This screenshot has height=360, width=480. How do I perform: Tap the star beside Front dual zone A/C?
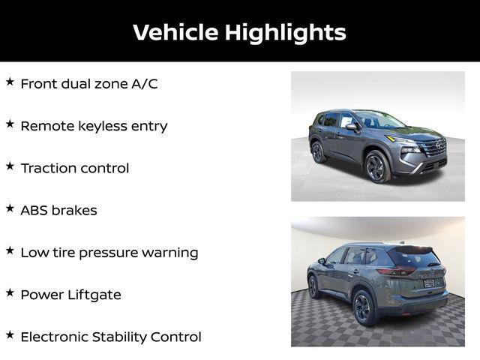(10, 82)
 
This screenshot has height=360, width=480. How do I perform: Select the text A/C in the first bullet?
(145, 83)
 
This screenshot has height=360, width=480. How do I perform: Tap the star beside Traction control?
(10, 166)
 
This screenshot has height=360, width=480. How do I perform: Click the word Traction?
(49, 168)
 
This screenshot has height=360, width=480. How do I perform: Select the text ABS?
(34, 210)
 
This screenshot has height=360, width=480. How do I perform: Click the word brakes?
(75, 210)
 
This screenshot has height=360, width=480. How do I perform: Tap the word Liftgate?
(92, 295)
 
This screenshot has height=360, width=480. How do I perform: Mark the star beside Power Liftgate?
(10, 292)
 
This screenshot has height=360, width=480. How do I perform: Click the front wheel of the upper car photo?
(377, 166)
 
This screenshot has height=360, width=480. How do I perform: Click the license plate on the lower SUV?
(429, 283)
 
